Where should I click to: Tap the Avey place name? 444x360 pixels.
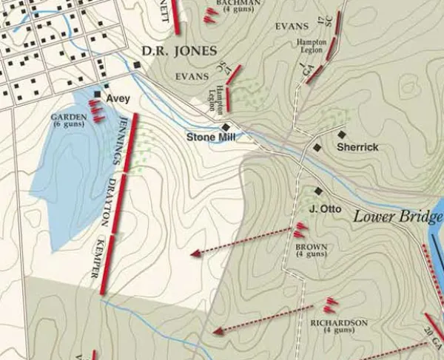click(x=118, y=98)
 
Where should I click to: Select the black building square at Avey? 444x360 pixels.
click(x=97, y=95)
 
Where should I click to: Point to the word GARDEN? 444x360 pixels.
click(x=68, y=118)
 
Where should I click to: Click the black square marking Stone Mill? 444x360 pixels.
click(x=226, y=127)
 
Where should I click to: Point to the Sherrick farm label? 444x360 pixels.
click(x=357, y=147)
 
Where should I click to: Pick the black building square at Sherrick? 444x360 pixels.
click(x=342, y=135)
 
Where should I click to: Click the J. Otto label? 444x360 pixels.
click(x=326, y=209)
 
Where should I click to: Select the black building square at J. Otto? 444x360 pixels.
click(x=319, y=191)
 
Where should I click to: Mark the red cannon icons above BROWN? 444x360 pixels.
click(x=300, y=230)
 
